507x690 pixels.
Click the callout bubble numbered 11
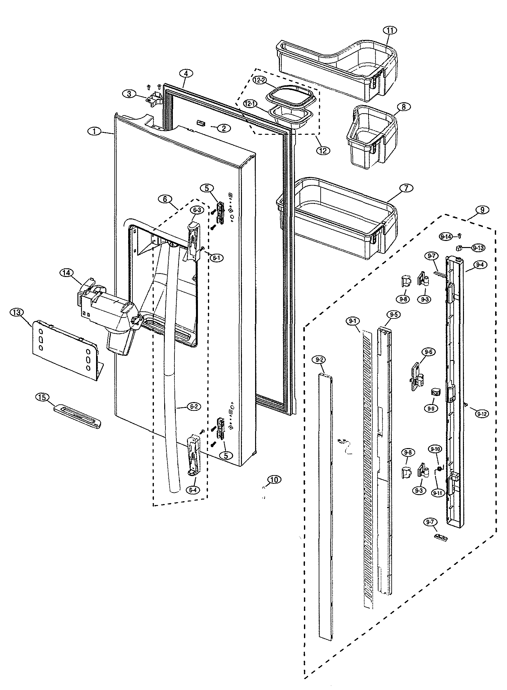(390, 30)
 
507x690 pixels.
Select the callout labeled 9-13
(478, 248)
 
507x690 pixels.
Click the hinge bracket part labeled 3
(154, 97)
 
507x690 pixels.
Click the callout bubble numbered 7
(406, 188)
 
